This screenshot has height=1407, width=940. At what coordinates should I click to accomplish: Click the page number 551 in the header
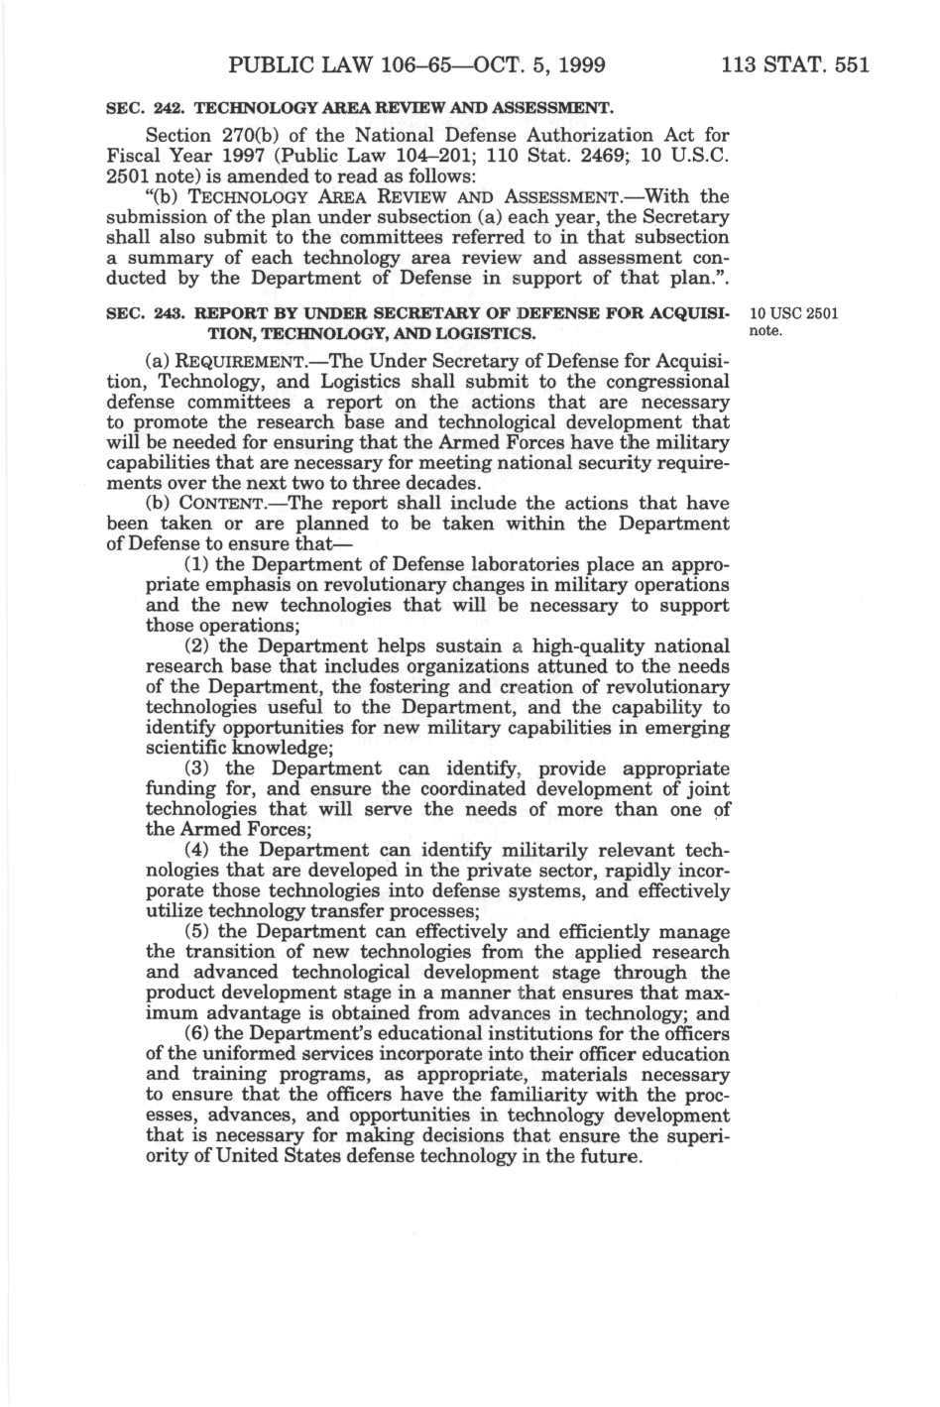[850, 65]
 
